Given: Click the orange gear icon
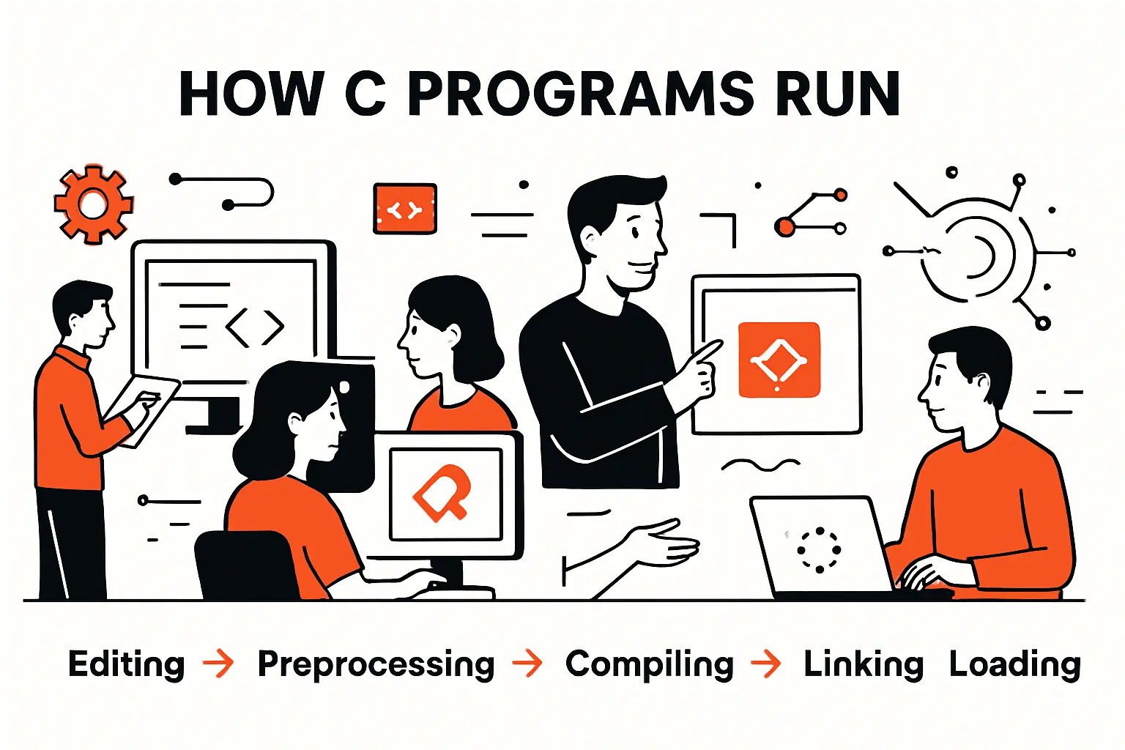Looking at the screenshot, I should [x=93, y=204].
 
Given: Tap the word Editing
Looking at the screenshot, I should [x=126, y=664].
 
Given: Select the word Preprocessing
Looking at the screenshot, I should [x=376, y=664].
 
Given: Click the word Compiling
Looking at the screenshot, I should [x=649, y=664].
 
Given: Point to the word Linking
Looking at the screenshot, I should [x=863, y=664].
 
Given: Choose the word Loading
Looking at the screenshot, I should [x=1014, y=664].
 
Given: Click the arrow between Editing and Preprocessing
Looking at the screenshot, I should [x=219, y=664].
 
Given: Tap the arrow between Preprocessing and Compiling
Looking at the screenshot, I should [x=528, y=664].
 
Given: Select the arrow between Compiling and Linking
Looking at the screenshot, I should [x=766, y=664].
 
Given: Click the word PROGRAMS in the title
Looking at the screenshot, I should [x=580, y=94].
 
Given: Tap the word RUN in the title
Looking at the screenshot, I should [x=838, y=94].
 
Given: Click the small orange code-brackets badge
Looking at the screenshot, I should [x=405, y=209].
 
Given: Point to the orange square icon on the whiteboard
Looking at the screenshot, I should [x=779, y=360].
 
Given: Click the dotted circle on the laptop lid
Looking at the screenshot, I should [x=819, y=549].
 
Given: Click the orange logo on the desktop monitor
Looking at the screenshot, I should [x=442, y=493].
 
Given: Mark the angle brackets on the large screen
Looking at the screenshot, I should [x=255, y=328].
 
